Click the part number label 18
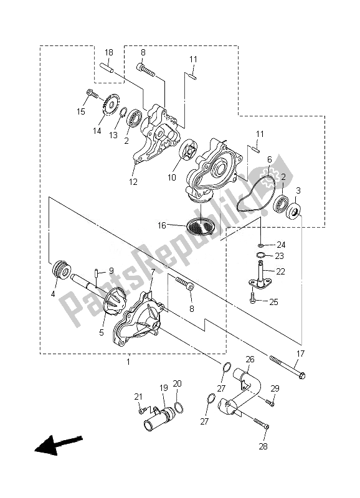108,53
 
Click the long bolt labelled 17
287,367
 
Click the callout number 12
133,182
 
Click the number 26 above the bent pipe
250,360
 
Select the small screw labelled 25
253,297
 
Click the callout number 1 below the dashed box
128,362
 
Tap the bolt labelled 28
262,423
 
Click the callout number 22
280,271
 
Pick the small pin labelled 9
96,273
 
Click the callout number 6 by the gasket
270,159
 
